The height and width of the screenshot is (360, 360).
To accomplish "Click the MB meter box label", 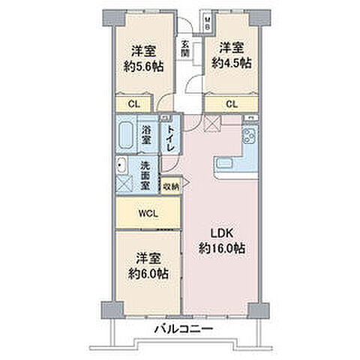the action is coord(207,23).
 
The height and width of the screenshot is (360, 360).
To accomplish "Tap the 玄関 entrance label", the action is coord(185,49).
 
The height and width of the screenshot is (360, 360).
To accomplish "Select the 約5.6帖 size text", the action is coord(144,67).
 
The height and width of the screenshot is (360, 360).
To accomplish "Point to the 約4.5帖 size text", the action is coord(232,63).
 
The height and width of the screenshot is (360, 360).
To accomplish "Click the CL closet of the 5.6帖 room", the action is coord(134,104).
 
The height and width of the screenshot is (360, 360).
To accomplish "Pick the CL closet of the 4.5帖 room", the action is coord(232,104).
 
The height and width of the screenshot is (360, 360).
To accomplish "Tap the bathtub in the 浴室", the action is coord(125,134).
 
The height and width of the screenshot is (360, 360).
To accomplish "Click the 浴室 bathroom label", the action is coord(147,135).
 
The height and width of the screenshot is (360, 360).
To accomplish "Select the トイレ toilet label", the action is coord(170,138).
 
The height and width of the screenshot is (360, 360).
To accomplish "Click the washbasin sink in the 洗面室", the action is coord(121,165).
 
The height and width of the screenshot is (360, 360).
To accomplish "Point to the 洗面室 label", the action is coord(145,175).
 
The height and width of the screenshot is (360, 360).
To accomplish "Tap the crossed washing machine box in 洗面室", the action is coord(124,183).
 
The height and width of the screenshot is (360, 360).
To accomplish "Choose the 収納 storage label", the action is coord(171,186).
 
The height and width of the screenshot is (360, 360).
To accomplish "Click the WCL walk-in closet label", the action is coord(148,214).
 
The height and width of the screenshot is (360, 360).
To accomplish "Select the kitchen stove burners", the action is coord(250,135).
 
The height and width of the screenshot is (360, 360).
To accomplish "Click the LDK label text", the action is coord(222,233).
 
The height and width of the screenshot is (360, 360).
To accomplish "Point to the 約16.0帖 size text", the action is coord(222,249).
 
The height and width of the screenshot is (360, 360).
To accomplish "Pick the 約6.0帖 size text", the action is coord(148,274).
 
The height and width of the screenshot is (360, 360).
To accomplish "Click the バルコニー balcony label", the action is coord(184,329).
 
